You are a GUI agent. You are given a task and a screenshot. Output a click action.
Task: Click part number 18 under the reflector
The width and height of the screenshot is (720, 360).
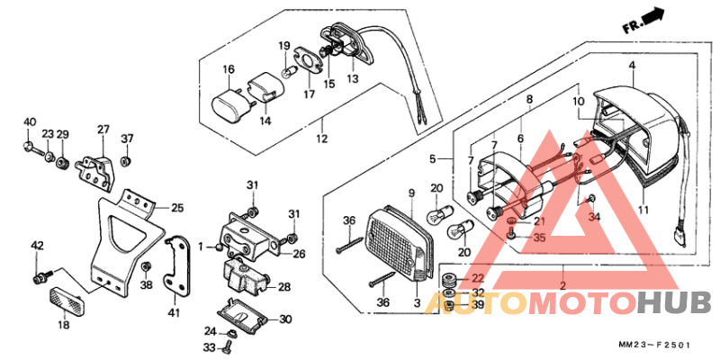pyautogui.click(x=64, y=324)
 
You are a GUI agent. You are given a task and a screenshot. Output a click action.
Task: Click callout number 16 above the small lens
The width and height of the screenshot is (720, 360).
pyautogui.click(x=229, y=69)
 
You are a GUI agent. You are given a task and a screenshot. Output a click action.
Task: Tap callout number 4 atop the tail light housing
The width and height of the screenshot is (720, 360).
pyautogui.click(x=632, y=66)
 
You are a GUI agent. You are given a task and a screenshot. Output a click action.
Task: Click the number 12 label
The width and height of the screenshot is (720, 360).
pyautogui.click(x=321, y=139)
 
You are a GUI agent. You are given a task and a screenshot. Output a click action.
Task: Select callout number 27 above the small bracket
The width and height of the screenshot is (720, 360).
pyautogui.click(x=103, y=129)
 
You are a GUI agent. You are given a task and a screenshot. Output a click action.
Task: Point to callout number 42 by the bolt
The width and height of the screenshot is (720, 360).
pyautogui.click(x=37, y=245)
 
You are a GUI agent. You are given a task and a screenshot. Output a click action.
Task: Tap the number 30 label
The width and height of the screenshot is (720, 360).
pyautogui.click(x=286, y=319)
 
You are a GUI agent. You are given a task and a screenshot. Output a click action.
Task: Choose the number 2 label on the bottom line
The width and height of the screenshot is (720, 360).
pyautogui.click(x=562, y=285)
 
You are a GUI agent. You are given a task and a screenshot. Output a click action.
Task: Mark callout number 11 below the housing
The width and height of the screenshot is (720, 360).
pyautogui.click(x=642, y=210)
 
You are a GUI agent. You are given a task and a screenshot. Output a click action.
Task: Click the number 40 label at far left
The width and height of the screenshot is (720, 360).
pyautogui.click(x=30, y=121)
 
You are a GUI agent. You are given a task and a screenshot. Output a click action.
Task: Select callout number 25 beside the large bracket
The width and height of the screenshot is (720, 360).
pyautogui.click(x=177, y=208)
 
